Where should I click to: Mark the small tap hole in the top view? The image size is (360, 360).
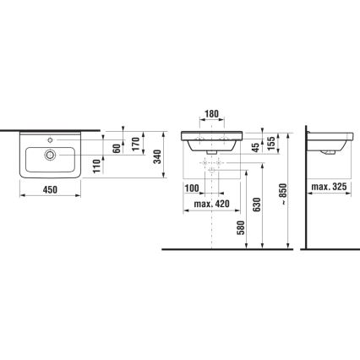click(x=56, y=139)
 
